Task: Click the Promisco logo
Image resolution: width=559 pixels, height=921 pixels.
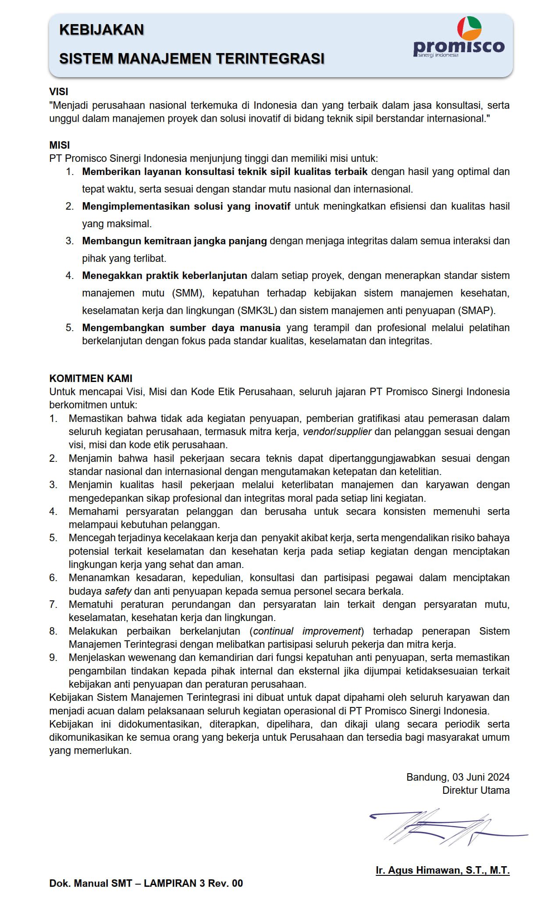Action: click(x=459, y=38)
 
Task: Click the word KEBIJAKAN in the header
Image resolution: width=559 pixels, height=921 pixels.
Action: click(x=102, y=30)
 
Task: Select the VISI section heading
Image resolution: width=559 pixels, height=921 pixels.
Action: click(x=59, y=92)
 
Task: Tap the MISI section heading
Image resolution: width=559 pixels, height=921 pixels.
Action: click(x=60, y=145)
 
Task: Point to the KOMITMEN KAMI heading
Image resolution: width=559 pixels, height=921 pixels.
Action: click(x=91, y=378)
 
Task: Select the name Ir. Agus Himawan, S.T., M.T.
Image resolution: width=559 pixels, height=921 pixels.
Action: click(x=442, y=871)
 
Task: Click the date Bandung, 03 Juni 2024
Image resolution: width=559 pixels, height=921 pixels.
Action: click(x=458, y=777)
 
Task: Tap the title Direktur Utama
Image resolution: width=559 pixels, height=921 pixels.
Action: click(x=476, y=790)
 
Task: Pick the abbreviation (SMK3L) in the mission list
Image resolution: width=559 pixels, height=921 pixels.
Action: click(x=257, y=311)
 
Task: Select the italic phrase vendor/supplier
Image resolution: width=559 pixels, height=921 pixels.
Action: click(x=337, y=432)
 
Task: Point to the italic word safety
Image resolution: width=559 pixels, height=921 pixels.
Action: click(x=118, y=591)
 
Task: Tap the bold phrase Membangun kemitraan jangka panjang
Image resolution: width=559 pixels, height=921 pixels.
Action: click(x=174, y=241)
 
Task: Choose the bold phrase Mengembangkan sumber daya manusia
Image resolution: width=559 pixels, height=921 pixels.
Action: click(x=181, y=328)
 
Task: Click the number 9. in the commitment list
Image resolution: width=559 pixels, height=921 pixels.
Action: click(x=53, y=657)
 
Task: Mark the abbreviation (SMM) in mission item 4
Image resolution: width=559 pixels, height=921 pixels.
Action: click(x=186, y=293)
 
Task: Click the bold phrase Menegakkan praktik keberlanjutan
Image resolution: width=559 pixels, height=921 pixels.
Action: click(x=165, y=275)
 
